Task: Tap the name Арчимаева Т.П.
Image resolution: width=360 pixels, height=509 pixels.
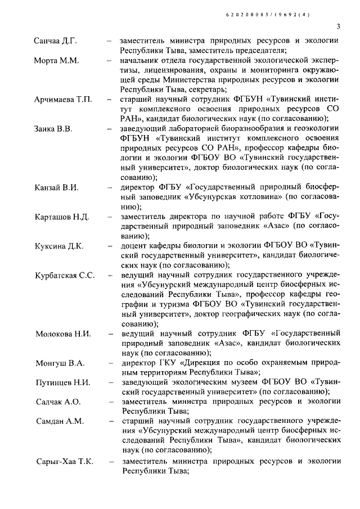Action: [64, 99]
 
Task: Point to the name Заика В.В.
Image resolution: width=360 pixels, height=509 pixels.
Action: [53, 129]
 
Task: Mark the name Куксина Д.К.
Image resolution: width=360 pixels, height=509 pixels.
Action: [58, 246]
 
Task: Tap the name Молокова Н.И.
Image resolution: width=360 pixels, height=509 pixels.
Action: [62, 334]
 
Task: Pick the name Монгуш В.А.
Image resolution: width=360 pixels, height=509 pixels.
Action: [58, 363]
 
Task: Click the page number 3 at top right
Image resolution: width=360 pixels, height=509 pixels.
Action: [338, 25]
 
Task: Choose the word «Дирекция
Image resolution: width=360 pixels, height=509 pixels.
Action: [197, 363]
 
